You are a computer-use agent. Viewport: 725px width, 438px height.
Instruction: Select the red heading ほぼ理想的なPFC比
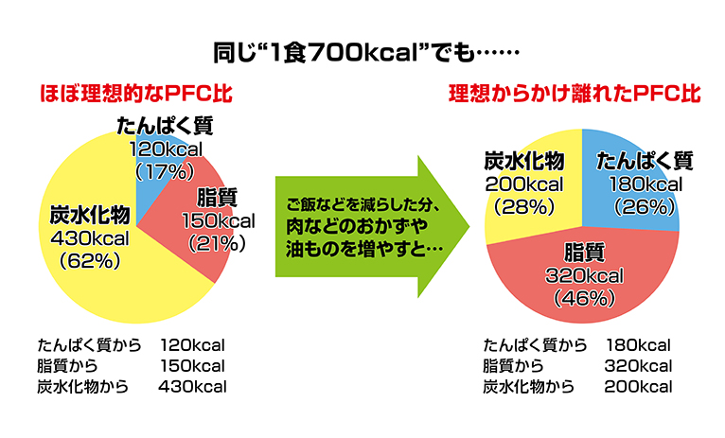[136, 94]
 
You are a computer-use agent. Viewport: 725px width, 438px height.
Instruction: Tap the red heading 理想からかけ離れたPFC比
[575, 94]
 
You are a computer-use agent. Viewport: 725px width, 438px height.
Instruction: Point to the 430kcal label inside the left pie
[90, 238]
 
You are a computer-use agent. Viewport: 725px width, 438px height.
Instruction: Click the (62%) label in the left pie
[90, 261]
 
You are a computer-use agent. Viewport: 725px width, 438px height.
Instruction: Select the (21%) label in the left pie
[217, 243]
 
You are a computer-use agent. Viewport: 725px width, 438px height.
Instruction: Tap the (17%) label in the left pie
[165, 172]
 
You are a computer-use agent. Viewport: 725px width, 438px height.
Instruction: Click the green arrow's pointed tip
[469, 226]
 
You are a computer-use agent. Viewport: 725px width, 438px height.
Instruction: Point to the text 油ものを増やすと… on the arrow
[364, 250]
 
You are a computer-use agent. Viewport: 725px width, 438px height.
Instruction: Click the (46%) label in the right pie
[584, 299]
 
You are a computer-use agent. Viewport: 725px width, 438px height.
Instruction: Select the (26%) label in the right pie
[645, 206]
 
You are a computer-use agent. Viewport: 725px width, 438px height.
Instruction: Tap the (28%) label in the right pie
[523, 206]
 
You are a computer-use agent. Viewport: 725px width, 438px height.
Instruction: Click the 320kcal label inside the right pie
[584, 276]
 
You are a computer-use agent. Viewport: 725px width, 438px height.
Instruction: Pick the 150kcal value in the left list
[192, 366]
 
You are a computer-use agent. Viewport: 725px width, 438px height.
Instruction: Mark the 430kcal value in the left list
[192, 387]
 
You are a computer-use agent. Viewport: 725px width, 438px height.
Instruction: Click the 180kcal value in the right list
[639, 345]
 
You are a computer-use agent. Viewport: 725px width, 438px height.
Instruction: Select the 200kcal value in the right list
[639, 387]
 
